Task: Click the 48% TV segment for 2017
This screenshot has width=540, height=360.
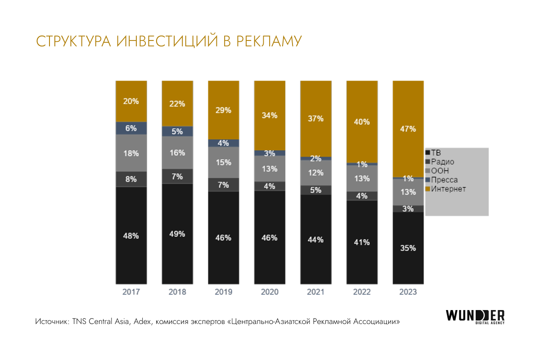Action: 131,235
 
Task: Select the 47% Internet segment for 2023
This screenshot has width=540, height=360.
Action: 408,129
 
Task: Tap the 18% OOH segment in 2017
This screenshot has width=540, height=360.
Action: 131,153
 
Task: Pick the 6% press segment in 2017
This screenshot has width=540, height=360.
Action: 131,128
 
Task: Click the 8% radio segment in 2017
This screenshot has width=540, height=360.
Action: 131,179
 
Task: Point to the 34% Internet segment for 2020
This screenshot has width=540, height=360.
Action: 270,115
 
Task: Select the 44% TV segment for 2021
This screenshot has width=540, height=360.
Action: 316,239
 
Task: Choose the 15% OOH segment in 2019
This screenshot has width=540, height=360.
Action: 223,162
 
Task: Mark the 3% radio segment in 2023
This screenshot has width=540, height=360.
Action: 408,208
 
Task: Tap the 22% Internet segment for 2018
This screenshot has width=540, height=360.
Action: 177,103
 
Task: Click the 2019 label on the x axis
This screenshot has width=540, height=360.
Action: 223,292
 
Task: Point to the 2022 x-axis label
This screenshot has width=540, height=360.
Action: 362,292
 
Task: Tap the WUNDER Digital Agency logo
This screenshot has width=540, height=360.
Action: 475,316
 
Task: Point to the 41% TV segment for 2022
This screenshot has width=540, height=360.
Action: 362,242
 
